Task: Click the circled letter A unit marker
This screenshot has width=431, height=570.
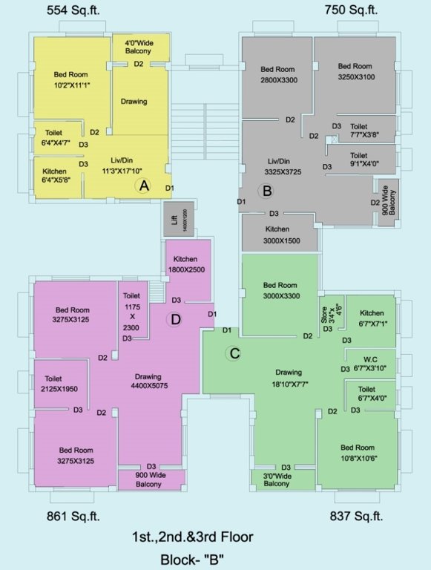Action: tap(144, 187)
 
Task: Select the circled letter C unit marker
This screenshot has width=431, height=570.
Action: tap(234, 353)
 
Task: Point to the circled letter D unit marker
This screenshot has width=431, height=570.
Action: tap(175, 320)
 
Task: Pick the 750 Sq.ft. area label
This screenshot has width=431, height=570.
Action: tap(351, 10)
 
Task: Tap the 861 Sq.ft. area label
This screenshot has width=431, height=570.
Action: tap(73, 517)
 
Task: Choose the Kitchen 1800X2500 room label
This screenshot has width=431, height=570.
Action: tap(185, 263)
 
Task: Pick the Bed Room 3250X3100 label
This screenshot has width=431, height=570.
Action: tap(355, 71)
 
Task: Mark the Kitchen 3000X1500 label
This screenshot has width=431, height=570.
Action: tap(277, 235)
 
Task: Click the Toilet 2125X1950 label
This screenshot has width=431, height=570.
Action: tap(59, 384)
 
